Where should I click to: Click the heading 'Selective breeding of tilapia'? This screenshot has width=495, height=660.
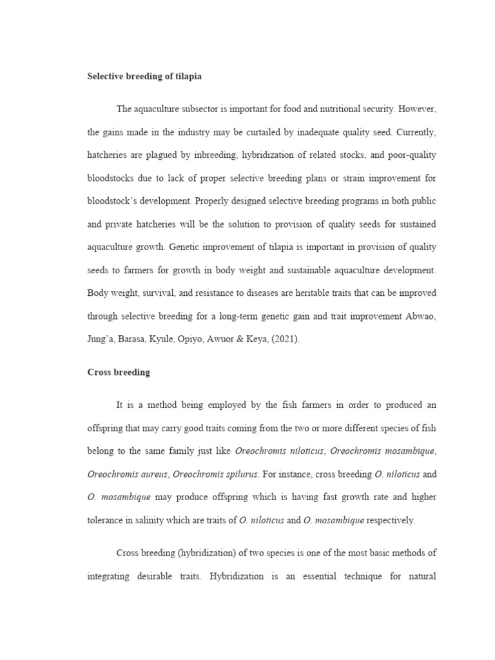(x=144, y=76)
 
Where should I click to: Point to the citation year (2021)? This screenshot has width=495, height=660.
(x=284, y=338)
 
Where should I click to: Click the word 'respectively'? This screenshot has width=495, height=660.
(x=391, y=520)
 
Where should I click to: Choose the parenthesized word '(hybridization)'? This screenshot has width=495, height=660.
(x=200, y=553)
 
